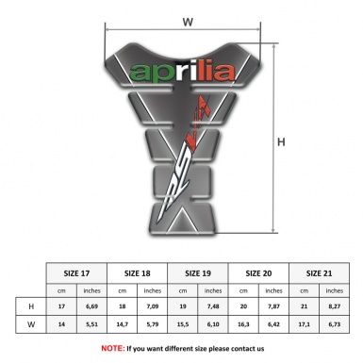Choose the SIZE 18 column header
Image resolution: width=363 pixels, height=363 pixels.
[139, 272]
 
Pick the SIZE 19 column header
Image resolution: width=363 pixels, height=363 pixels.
[200, 272]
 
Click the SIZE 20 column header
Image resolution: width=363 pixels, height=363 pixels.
[259, 272]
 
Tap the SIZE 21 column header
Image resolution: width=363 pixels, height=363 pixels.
[319, 272]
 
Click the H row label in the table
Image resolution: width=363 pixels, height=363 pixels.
[31, 307]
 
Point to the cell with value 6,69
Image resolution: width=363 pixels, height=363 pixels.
[92, 307]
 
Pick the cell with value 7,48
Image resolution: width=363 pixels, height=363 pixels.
[214, 307]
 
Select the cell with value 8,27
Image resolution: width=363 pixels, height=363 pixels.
[334, 307]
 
